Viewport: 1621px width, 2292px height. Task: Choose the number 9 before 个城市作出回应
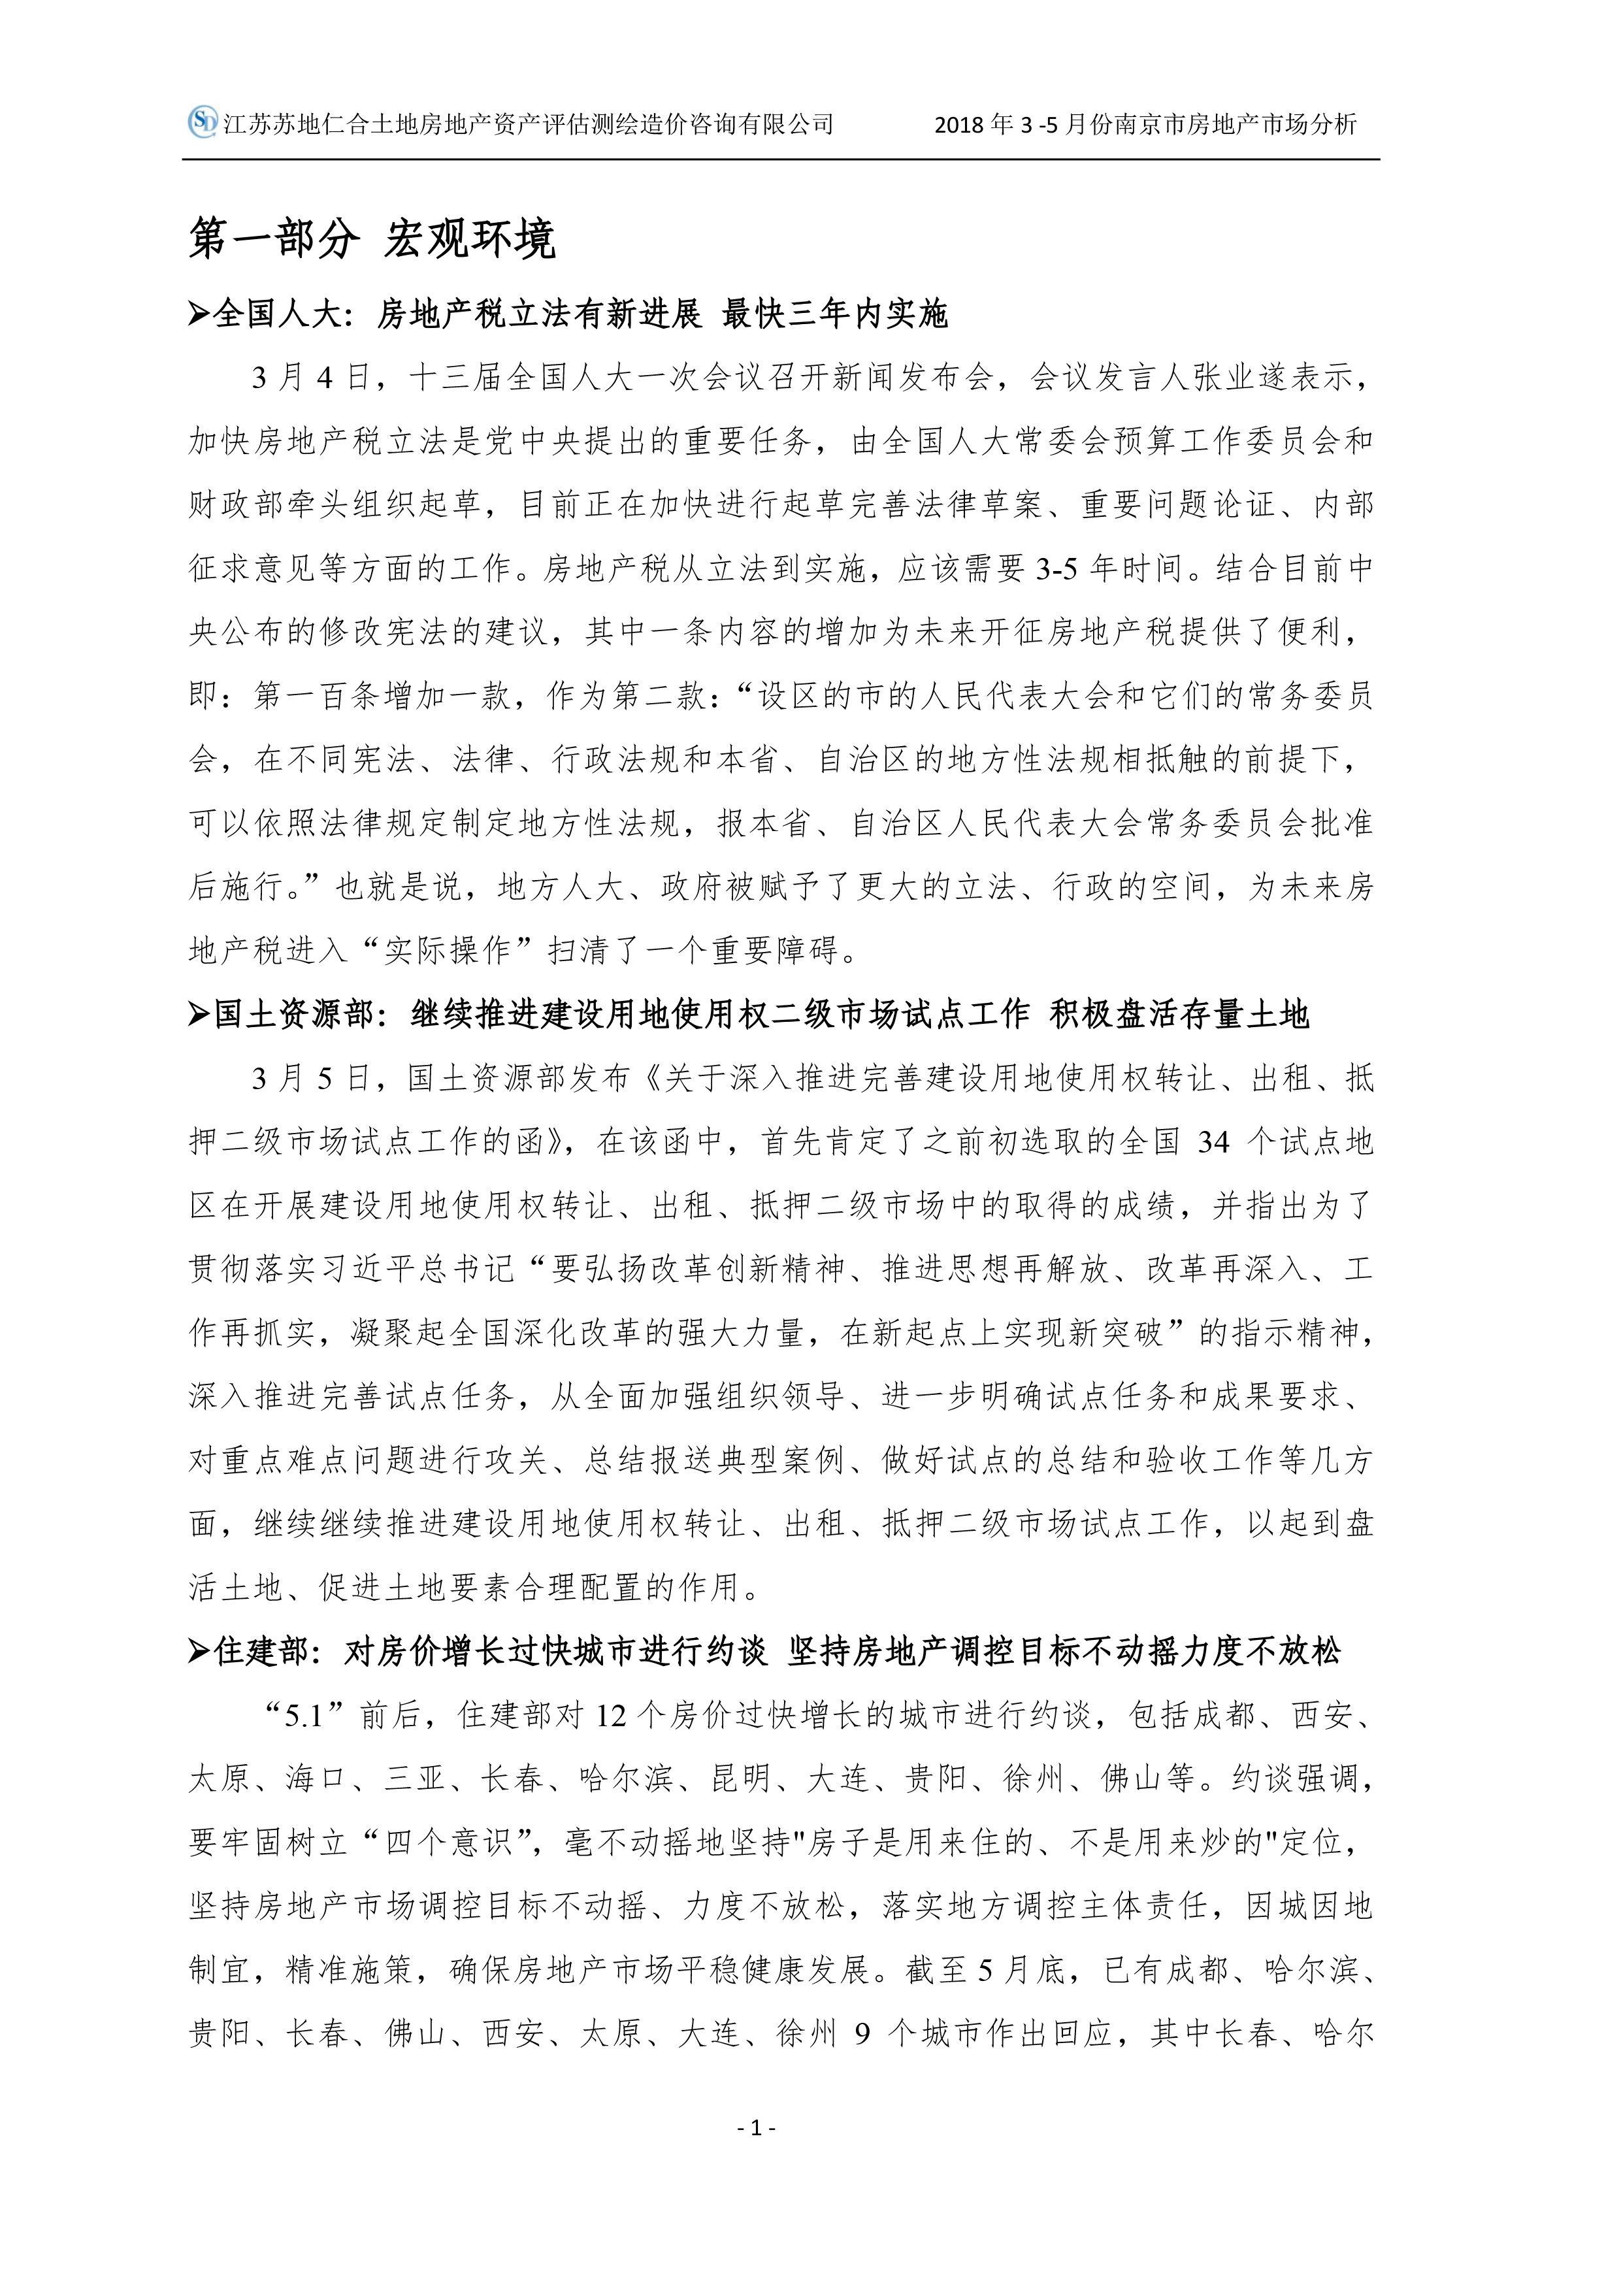[x=862, y=2033]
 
